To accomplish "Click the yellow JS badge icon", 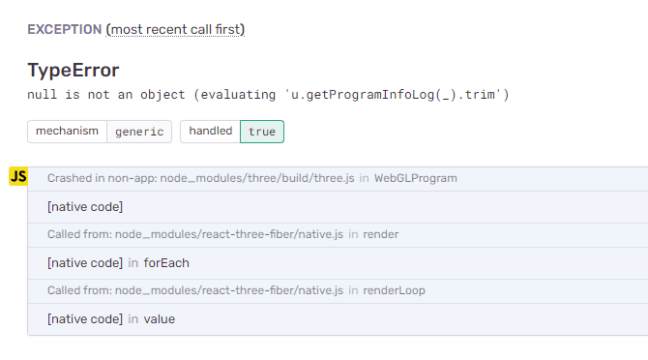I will (x=18, y=176).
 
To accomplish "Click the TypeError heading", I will (x=74, y=70).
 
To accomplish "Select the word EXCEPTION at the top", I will (x=64, y=29).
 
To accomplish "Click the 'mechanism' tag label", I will (x=67, y=131).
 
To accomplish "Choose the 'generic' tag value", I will (x=139, y=132).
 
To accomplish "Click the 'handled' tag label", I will (x=210, y=131).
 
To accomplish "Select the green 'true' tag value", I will (x=262, y=132).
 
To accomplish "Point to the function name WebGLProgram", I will (x=416, y=178).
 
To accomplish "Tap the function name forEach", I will (x=166, y=262).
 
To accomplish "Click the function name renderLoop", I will (x=395, y=290).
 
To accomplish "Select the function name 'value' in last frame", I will (x=160, y=318).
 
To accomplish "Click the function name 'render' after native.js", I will (x=381, y=234).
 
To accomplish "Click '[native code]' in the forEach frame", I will (x=85, y=262).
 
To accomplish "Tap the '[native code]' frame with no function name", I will (x=85, y=206).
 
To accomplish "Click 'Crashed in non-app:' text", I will (x=102, y=178).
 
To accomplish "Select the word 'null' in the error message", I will (x=44, y=95).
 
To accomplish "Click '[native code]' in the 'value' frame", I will (x=85, y=318).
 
